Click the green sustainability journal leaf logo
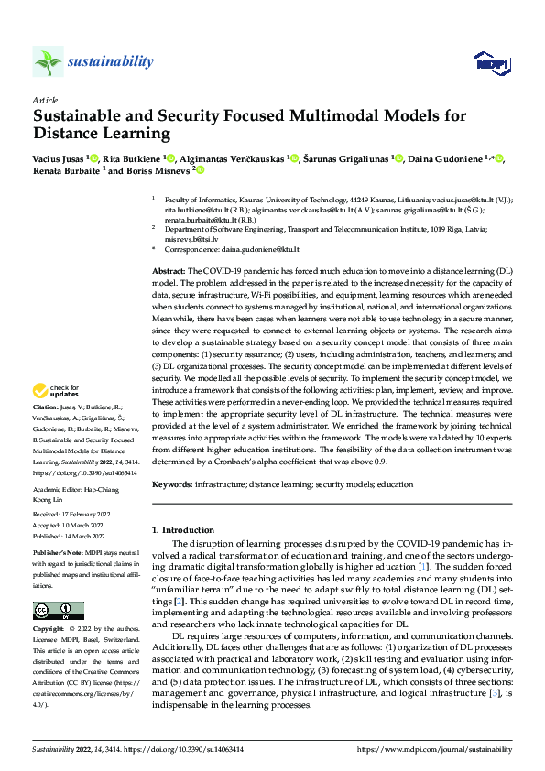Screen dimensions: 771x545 click(x=48, y=61)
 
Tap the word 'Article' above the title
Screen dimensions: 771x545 click(x=45, y=100)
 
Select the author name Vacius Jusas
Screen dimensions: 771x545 click(x=60, y=159)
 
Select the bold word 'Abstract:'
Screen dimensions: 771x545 click(x=169, y=272)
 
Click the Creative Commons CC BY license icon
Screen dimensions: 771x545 click(x=58, y=610)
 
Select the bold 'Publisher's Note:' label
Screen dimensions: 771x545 click(x=60, y=555)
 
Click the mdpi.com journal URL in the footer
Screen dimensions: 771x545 click(x=446, y=750)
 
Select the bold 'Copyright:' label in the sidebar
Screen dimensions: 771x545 click(x=49, y=630)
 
